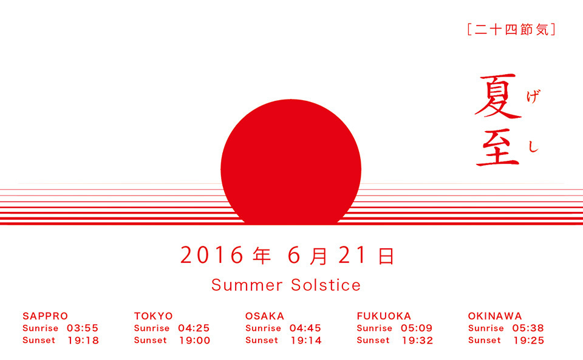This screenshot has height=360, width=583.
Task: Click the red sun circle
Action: pyautogui.click(x=291, y=162)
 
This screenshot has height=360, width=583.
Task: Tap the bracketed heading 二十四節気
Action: pyautogui.click(x=511, y=29)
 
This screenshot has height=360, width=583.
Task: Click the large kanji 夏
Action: pyautogui.click(x=498, y=96)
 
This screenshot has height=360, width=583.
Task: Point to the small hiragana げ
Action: pyautogui.click(x=533, y=97)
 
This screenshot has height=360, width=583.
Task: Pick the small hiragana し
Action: pyautogui.click(x=533, y=146)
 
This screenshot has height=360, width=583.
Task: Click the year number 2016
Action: pyautogui.click(x=211, y=255)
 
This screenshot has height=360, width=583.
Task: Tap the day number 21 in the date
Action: pyautogui.click(x=352, y=255)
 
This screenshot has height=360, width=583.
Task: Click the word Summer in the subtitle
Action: pyautogui.click(x=247, y=285)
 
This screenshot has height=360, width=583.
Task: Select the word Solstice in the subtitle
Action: pyautogui.click(x=326, y=285)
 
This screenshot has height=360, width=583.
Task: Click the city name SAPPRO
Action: pyautogui.click(x=46, y=316)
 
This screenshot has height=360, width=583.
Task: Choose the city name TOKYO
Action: pyautogui.click(x=154, y=316)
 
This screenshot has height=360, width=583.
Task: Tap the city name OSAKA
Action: pyautogui.click(x=265, y=316)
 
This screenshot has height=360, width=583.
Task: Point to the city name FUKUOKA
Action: pyautogui.click(x=384, y=316)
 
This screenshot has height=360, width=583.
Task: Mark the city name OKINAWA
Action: pyautogui.click(x=495, y=316)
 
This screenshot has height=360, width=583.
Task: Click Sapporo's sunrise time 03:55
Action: pyautogui.click(x=83, y=328)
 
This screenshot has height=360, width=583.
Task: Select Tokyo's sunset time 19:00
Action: pyautogui.click(x=195, y=341)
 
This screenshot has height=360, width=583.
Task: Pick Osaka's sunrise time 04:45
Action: pyautogui.click(x=305, y=328)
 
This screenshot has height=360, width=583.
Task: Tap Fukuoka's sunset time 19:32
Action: pyautogui.click(x=418, y=341)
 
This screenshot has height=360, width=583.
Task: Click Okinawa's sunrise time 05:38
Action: pyautogui.click(x=528, y=328)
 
